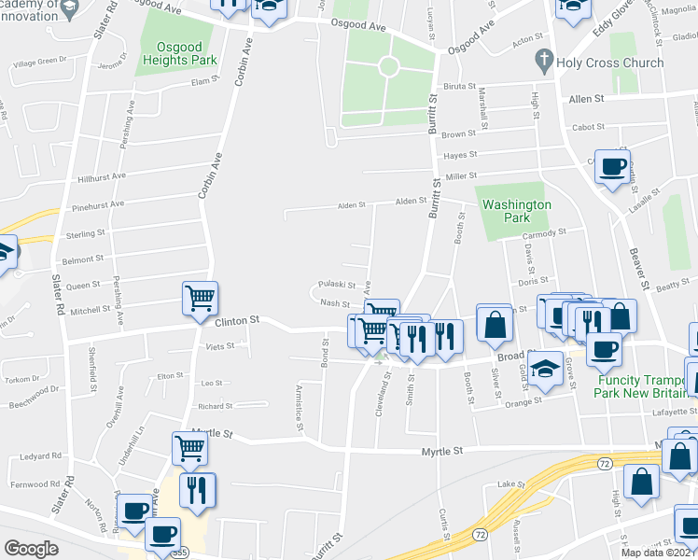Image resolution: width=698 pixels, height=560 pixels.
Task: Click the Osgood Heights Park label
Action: (180, 52)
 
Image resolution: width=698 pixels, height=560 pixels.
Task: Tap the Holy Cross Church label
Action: (609, 63)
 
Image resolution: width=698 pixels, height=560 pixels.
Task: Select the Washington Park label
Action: (515, 210)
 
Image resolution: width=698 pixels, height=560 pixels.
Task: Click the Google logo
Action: (31, 549)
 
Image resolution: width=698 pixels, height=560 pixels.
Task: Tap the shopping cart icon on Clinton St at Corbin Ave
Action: (200, 299)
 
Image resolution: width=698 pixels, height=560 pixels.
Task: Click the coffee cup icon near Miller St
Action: (612, 167)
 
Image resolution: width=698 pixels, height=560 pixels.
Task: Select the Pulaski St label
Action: (333, 284)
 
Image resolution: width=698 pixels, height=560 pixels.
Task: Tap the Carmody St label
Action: (544, 232)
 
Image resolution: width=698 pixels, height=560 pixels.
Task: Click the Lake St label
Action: (507, 483)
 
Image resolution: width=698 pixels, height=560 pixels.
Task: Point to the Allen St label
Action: (586, 98)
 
